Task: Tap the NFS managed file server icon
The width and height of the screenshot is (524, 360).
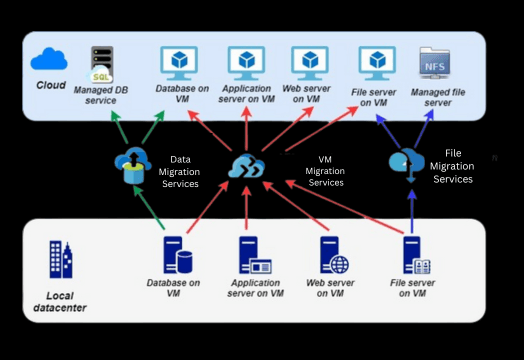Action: click(434, 64)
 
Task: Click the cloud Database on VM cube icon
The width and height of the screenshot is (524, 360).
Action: click(181, 62)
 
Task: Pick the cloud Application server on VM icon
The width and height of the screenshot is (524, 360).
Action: click(246, 62)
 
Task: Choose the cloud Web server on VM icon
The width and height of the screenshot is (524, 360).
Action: click(307, 62)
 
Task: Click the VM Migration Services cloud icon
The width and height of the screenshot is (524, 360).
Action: click(245, 166)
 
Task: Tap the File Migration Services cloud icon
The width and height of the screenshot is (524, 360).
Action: click(408, 162)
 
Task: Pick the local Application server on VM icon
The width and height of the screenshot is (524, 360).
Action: click(251, 256)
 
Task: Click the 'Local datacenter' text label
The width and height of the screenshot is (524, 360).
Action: click(59, 301)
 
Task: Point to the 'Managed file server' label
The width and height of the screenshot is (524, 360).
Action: click(438, 97)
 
